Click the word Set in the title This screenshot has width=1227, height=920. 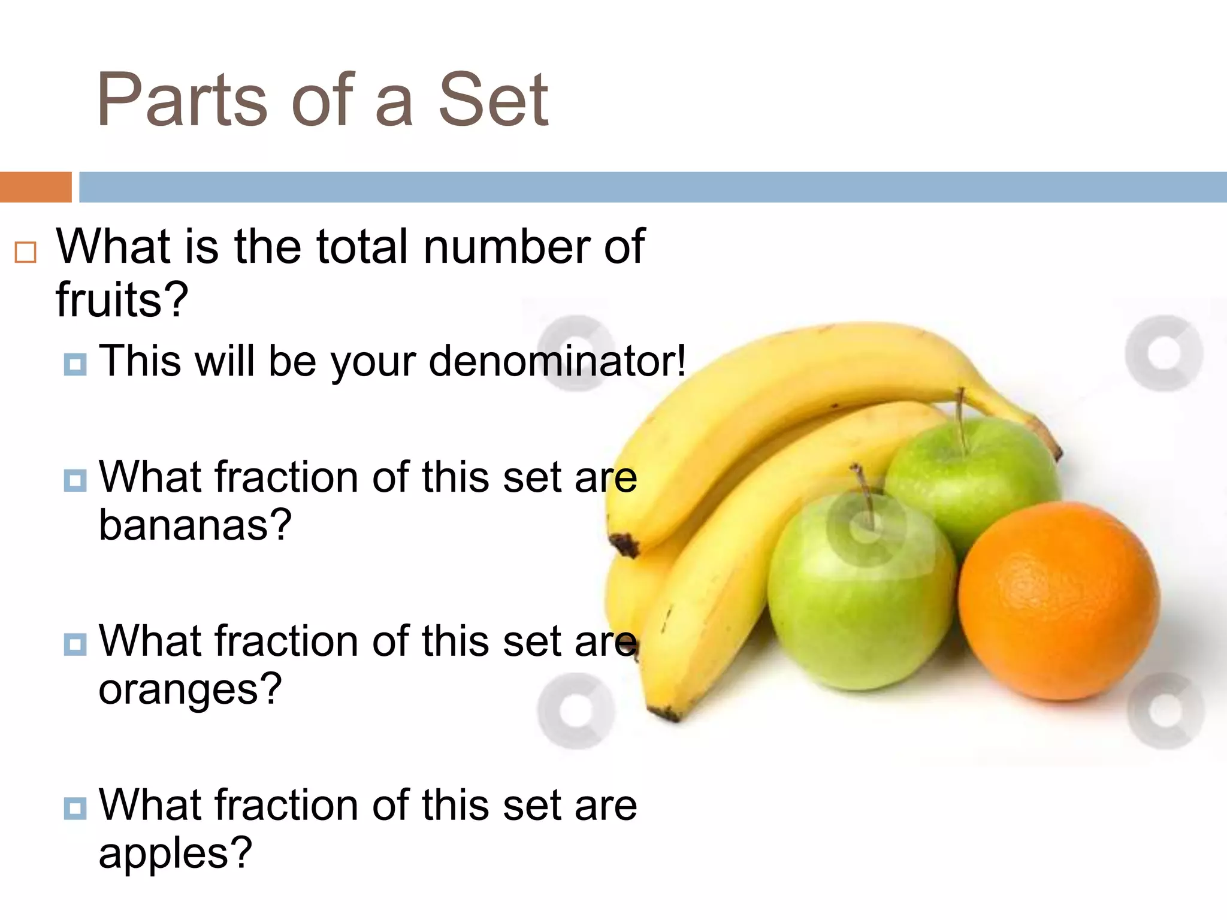tap(492, 100)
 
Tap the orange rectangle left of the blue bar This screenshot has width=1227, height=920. tap(35, 187)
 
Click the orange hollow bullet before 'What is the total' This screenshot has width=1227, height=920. tap(25, 252)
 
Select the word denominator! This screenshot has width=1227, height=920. tap(557, 361)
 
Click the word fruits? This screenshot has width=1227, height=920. tap(122, 299)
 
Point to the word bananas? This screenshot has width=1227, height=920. tap(195, 525)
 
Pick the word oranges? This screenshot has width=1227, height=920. tap(190, 689)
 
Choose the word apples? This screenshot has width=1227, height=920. tap(175, 853)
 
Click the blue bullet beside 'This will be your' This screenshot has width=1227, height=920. tap(75, 364)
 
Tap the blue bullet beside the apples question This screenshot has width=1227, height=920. tap(75, 808)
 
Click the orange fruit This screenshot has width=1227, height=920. tap(1058, 601)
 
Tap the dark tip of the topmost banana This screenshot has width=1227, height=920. tap(624, 544)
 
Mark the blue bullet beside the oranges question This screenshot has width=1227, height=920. tap(75, 644)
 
